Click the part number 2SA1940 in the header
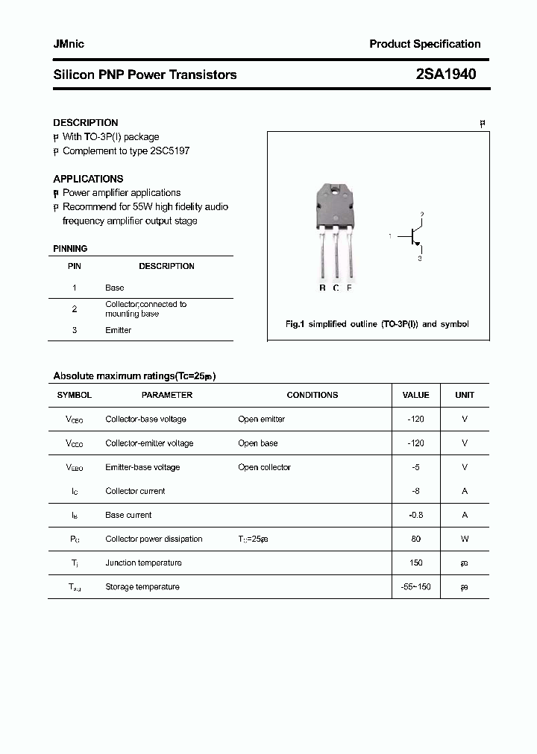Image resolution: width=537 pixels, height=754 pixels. pos(445,75)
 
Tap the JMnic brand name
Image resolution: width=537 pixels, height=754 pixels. pos(69,44)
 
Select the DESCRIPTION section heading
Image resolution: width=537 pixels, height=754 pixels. pos(85,122)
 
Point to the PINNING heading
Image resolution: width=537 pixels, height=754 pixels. pos(70,249)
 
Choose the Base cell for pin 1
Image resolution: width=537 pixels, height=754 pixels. pos(115,288)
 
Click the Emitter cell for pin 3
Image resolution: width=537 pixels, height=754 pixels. pos(118,330)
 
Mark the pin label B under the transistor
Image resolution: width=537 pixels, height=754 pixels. pos(322,288)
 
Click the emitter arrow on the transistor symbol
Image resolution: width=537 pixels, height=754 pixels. pos(418,244)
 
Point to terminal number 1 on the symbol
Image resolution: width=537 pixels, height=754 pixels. pos(389,236)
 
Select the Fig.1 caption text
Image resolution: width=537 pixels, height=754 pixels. pos(377,325)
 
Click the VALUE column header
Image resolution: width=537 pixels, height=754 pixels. pos(415,395)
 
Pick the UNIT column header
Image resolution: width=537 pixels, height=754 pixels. pos(465,395)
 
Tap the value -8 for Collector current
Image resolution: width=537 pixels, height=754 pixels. pos(415,491)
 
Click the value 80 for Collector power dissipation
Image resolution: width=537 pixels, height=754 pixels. pos(415,539)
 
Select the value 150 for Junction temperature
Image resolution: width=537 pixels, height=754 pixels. pos(415,563)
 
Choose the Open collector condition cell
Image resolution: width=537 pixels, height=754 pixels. pos(264,467)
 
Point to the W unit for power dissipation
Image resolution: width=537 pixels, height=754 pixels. pos(465,539)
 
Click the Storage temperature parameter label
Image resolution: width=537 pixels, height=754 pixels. pos(142,587)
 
